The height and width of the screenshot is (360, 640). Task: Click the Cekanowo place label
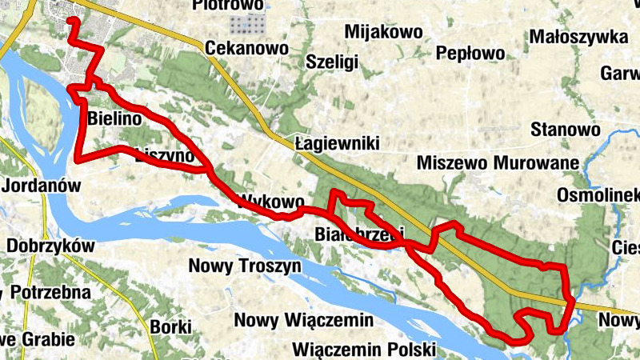click(x=246, y=49)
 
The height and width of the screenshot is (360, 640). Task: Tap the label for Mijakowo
click(x=382, y=32)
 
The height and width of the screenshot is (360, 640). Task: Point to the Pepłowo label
click(x=470, y=54)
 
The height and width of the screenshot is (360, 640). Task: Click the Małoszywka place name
click(x=578, y=37)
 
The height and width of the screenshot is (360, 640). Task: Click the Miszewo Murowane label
click(x=498, y=164)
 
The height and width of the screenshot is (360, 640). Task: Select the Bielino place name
click(x=115, y=118)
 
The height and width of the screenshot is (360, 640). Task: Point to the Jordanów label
click(x=42, y=186)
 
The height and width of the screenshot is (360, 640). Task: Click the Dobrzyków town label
click(x=51, y=246)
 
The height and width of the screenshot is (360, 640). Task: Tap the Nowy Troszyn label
click(x=244, y=266)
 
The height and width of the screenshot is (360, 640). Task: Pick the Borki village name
click(x=170, y=326)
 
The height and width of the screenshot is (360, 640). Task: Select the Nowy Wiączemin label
click(x=304, y=321)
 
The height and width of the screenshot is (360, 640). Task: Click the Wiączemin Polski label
click(x=363, y=350)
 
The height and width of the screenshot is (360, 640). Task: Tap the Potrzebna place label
click(x=50, y=291)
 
